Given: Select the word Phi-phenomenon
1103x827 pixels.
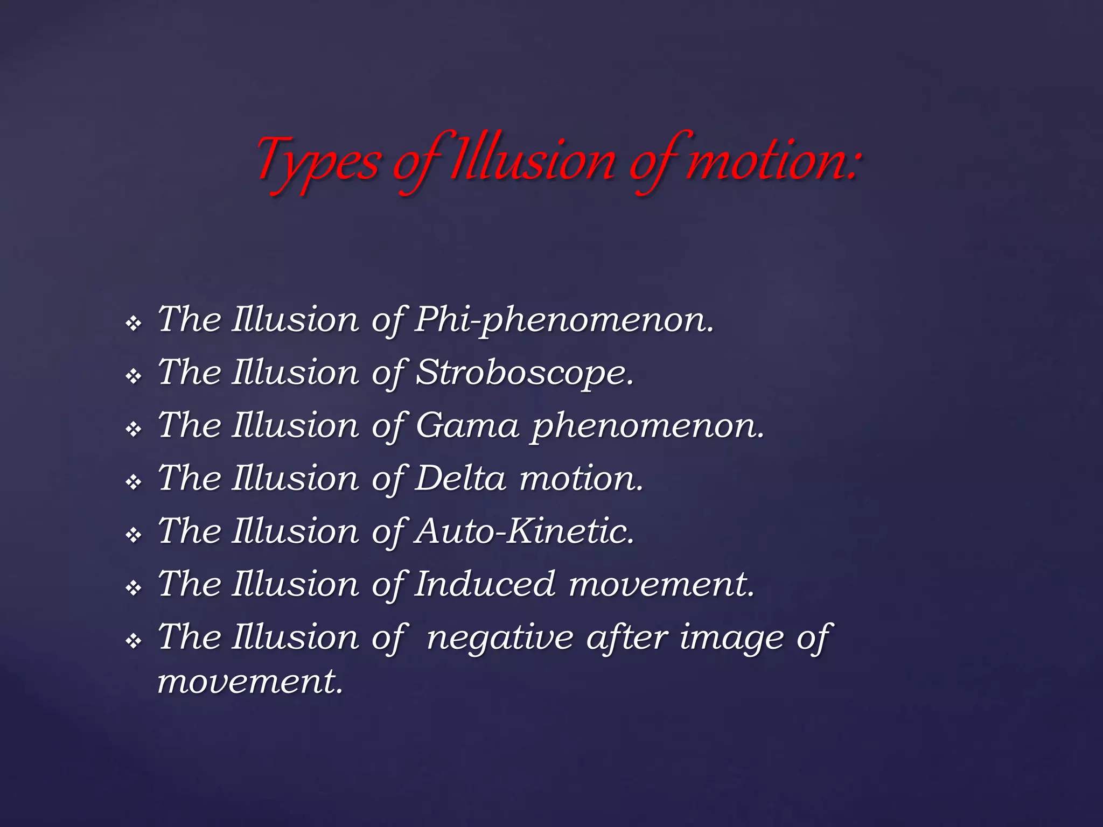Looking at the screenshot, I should point(564,320).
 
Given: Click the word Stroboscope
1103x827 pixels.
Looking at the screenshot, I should point(525,373).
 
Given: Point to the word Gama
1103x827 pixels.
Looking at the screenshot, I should point(467,426).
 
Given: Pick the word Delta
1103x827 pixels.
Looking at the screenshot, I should point(460,479).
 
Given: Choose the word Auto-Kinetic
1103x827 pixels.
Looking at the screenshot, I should point(525,531).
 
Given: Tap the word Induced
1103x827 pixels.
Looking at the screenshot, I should point(485,584).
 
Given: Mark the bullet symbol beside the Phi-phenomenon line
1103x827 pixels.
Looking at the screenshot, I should point(133,324).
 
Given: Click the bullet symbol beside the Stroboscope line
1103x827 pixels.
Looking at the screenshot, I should point(133,376).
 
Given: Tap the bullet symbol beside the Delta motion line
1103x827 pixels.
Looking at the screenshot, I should point(133,482).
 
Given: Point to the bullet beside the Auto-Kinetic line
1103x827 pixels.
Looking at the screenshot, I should point(133,535).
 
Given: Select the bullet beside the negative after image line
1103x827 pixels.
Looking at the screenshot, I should point(133,641).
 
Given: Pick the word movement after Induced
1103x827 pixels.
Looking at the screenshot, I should point(661,584).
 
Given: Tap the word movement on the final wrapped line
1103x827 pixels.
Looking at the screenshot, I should point(250,682).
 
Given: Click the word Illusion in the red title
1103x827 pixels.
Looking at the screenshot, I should point(533,162).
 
